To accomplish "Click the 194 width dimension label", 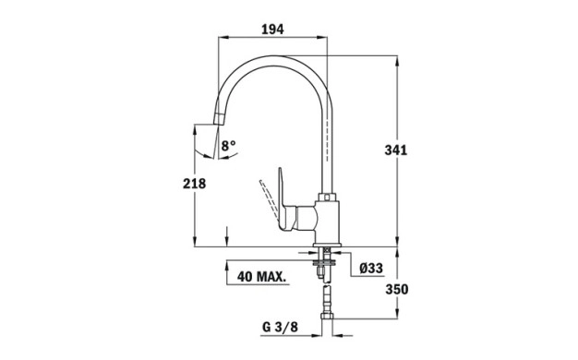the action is pos(272,30).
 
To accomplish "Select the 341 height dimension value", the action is pos(395,150).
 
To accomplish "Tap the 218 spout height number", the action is pos(194,183).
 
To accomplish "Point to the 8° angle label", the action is pos(229,146).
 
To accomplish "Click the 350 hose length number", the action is pos(397,289).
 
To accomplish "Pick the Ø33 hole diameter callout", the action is pos(371,269).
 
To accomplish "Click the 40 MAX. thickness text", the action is pos(261,276).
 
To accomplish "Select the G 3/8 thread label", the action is pos(280,327).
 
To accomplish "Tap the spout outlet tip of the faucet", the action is pos(218,119).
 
